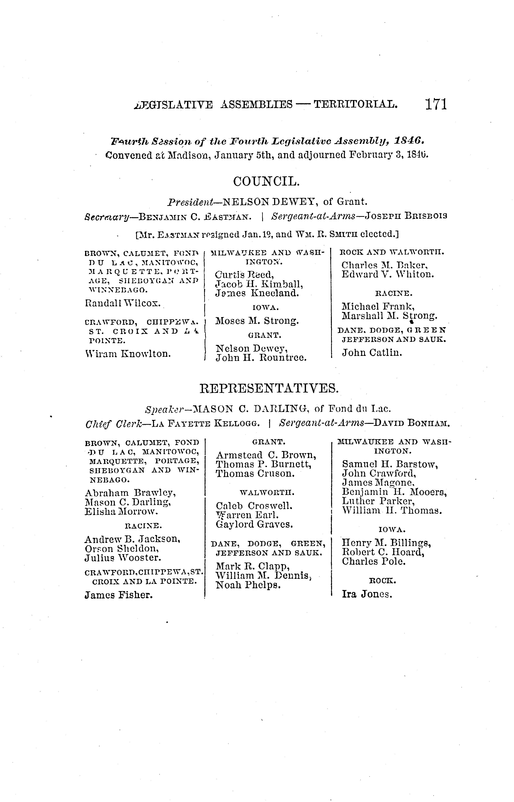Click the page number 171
(436, 104)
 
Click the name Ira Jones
(367, 594)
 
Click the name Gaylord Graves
(254, 524)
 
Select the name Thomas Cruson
(255, 474)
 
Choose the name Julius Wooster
(123, 558)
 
